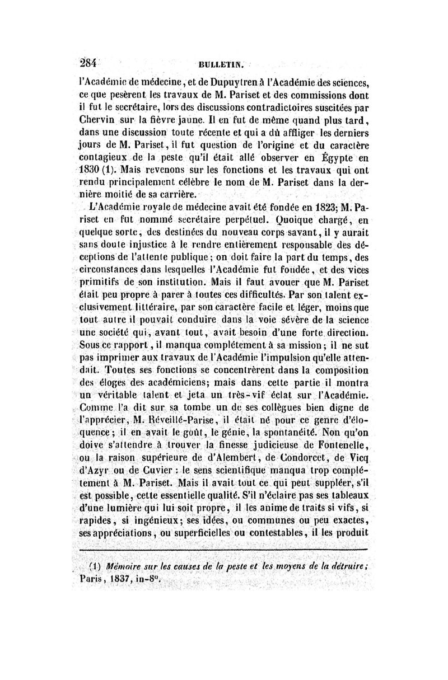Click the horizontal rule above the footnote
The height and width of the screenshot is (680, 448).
(x=224, y=552)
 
